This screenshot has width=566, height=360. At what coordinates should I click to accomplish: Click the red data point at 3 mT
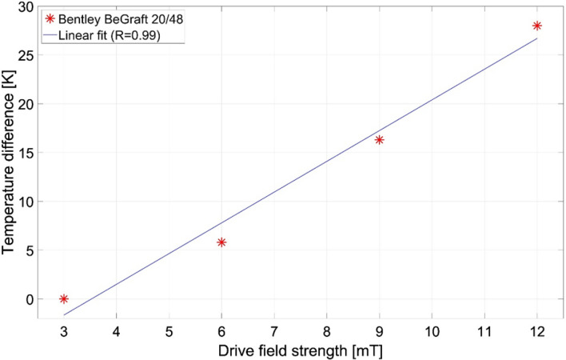tap(64, 298)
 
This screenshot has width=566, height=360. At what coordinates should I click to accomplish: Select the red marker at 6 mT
tap(221, 242)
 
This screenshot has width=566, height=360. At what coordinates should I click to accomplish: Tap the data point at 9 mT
tap(379, 139)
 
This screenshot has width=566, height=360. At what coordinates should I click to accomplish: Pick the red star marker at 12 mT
tap(537, 26)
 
